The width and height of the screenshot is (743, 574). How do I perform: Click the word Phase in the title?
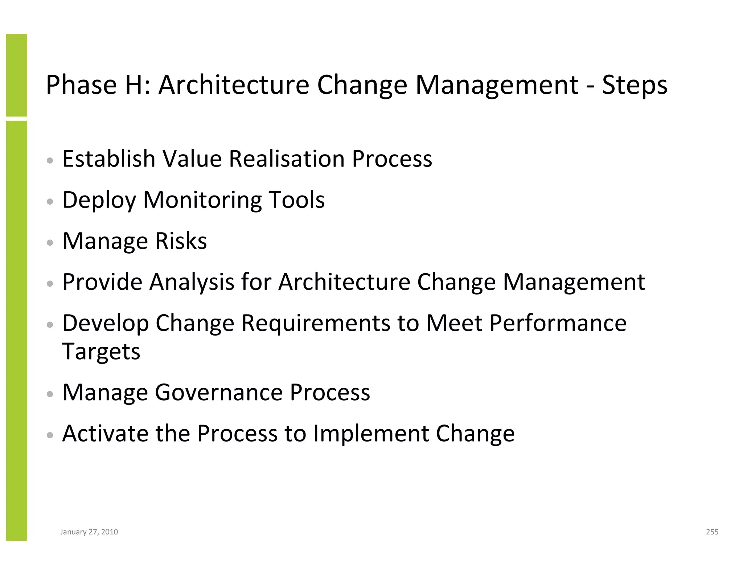coord(81,85)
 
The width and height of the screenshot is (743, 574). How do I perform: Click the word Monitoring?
coord(202,200)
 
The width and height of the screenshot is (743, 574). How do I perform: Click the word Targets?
coord(101,352)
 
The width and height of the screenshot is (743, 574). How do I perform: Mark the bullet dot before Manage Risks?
coord(50,242)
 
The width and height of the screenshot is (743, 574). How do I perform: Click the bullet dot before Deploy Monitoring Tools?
coord(50,201)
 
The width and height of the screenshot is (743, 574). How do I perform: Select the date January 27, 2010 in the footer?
coord(89,532)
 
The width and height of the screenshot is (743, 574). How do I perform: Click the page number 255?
coord(712,532)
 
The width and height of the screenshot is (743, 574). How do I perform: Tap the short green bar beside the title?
coord(16,75)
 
